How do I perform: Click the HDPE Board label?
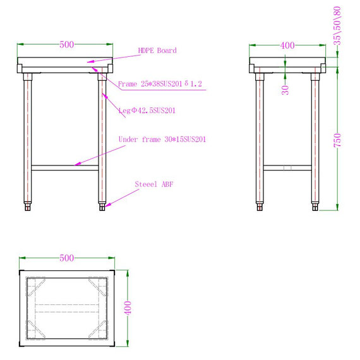157,51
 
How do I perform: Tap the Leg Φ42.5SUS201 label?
147,111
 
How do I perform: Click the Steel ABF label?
154,184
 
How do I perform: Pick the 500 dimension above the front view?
66,44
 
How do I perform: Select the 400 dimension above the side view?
287,45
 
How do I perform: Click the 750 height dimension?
337,139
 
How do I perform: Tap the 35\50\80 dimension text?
337,25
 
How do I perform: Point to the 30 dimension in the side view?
285,90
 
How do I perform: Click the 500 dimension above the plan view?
66,258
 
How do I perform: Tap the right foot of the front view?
102,206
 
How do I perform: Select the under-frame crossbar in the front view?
65,168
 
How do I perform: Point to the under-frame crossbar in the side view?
287,168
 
